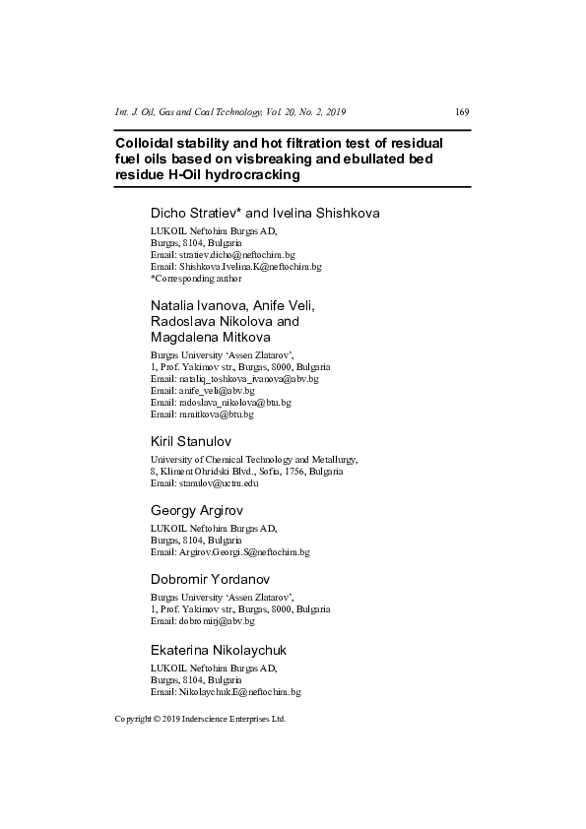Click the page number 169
click(x=462, y=111)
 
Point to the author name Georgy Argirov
click(x=197, y=511)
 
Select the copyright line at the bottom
click(x=200, y=719)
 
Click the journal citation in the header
click(x=230, y=111)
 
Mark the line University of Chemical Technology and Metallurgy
click(x=254, y=460)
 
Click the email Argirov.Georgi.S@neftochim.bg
click(x=243, y=552)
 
